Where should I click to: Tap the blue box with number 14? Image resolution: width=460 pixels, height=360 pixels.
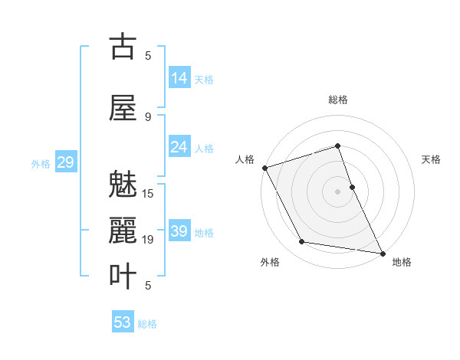point(179,78)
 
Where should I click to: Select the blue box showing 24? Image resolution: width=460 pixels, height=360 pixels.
point(179,147)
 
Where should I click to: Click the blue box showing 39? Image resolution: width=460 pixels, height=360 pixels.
point(179,231)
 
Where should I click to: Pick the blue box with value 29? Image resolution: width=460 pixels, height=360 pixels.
point(65,162)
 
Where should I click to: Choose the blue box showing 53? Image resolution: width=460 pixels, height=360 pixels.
point(123,322)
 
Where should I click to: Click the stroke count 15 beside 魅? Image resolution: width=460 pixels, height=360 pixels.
point(149,194)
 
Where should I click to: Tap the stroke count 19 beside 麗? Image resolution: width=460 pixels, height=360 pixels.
point(149,240)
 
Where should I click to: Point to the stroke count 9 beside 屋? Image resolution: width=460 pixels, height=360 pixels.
point(148,117)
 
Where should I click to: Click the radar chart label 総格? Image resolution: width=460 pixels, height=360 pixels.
point(338,100)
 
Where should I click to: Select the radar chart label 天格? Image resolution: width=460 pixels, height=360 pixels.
point(432,159)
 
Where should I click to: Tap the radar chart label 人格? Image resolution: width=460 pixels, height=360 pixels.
point(245,159)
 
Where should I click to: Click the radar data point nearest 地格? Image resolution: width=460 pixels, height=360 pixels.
point(381,252)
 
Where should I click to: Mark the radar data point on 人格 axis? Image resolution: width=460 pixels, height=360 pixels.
point(264,168)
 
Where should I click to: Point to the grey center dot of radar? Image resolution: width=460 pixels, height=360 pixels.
point(338,191)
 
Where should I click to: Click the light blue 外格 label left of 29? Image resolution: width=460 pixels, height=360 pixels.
point(41,163)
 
